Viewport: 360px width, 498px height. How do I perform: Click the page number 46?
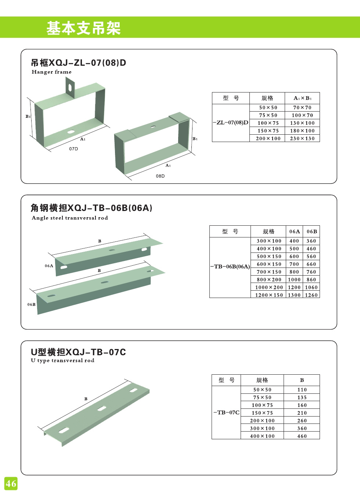[x=11, y=483]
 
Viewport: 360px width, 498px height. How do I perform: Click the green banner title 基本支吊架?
[x=83, y=28]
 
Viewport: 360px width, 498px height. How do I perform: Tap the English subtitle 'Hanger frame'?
[x=51, y=72]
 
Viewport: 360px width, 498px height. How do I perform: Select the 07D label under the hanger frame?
[x=73, y=149]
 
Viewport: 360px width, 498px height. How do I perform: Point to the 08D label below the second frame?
[x=160, y=176]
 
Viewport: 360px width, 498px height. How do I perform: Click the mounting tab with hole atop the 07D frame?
[x=70, y=87]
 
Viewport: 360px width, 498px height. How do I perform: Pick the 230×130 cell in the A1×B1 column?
[x=302, y=138]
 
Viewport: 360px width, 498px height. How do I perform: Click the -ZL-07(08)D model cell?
[x=231, y=123]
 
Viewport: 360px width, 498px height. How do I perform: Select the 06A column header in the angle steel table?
[x=294, y=232]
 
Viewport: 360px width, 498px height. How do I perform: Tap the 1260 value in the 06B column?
[x=311, y=295]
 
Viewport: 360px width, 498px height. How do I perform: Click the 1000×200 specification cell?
[x=269, y=287]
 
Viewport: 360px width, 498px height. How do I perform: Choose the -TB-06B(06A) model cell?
[x=230, y=266]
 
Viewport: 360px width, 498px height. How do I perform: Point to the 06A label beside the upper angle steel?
[x=49, y=266]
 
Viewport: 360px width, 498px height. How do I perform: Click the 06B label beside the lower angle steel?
[x=31, y=304]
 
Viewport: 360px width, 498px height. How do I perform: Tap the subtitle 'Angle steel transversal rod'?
[x=70, y=218]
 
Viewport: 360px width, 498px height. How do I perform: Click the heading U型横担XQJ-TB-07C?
[x=78, y=352]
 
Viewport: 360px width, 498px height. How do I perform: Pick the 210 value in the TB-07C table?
[x=302, y=413]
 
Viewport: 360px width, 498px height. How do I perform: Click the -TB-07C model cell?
[x=226, y=412]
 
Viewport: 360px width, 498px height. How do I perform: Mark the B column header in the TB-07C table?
[x=302, y=380]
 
